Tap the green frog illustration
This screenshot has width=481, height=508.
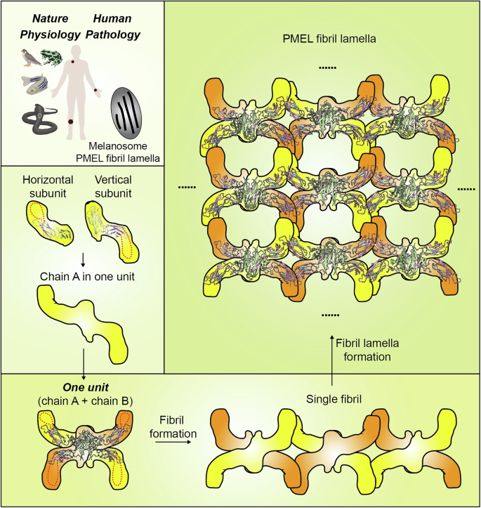point(53,59)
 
